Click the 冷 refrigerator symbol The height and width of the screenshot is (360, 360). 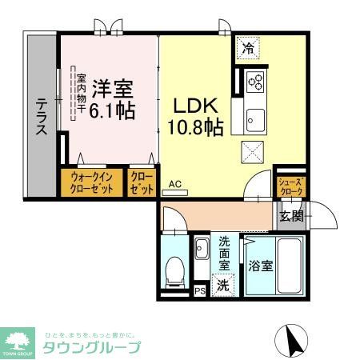(248, 48)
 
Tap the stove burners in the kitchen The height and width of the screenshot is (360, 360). (257, 81)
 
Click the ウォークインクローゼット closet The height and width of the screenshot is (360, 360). (91, 183)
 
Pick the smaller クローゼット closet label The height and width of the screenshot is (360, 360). (141, 183)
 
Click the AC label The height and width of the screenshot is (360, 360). (175, 185)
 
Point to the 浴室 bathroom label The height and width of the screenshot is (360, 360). (260, 266)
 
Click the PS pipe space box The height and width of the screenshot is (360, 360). (200, 290)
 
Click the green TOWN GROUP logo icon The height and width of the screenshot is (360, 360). (18, 337)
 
